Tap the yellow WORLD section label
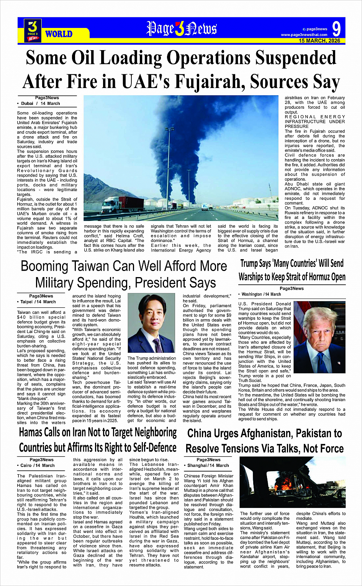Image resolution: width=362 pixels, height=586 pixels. pyautogui.click(x=59, y=34)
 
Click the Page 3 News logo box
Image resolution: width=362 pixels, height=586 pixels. pyautogui.click(x=33, y=30)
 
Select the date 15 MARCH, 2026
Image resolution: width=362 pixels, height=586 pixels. pyautogui.click(x=319, y=41)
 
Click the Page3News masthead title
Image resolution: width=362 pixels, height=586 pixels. pyautogui.click(x=182, y=29)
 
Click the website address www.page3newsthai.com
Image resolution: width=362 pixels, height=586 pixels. pyautogui.click(x=304, y=35)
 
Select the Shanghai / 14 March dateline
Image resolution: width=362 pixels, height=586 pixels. pyautogui.click(x=208, y=465)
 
